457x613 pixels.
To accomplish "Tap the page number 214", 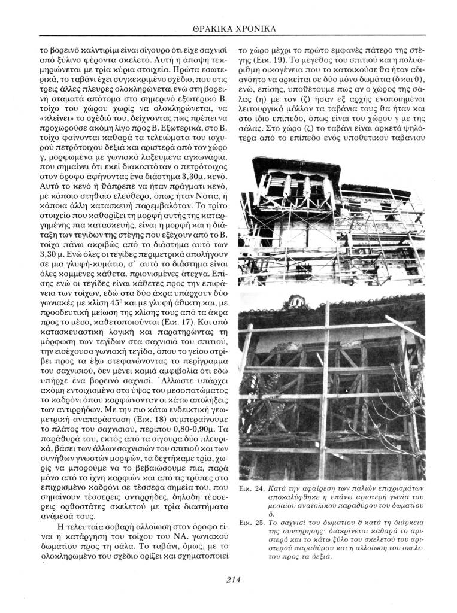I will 233,579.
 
